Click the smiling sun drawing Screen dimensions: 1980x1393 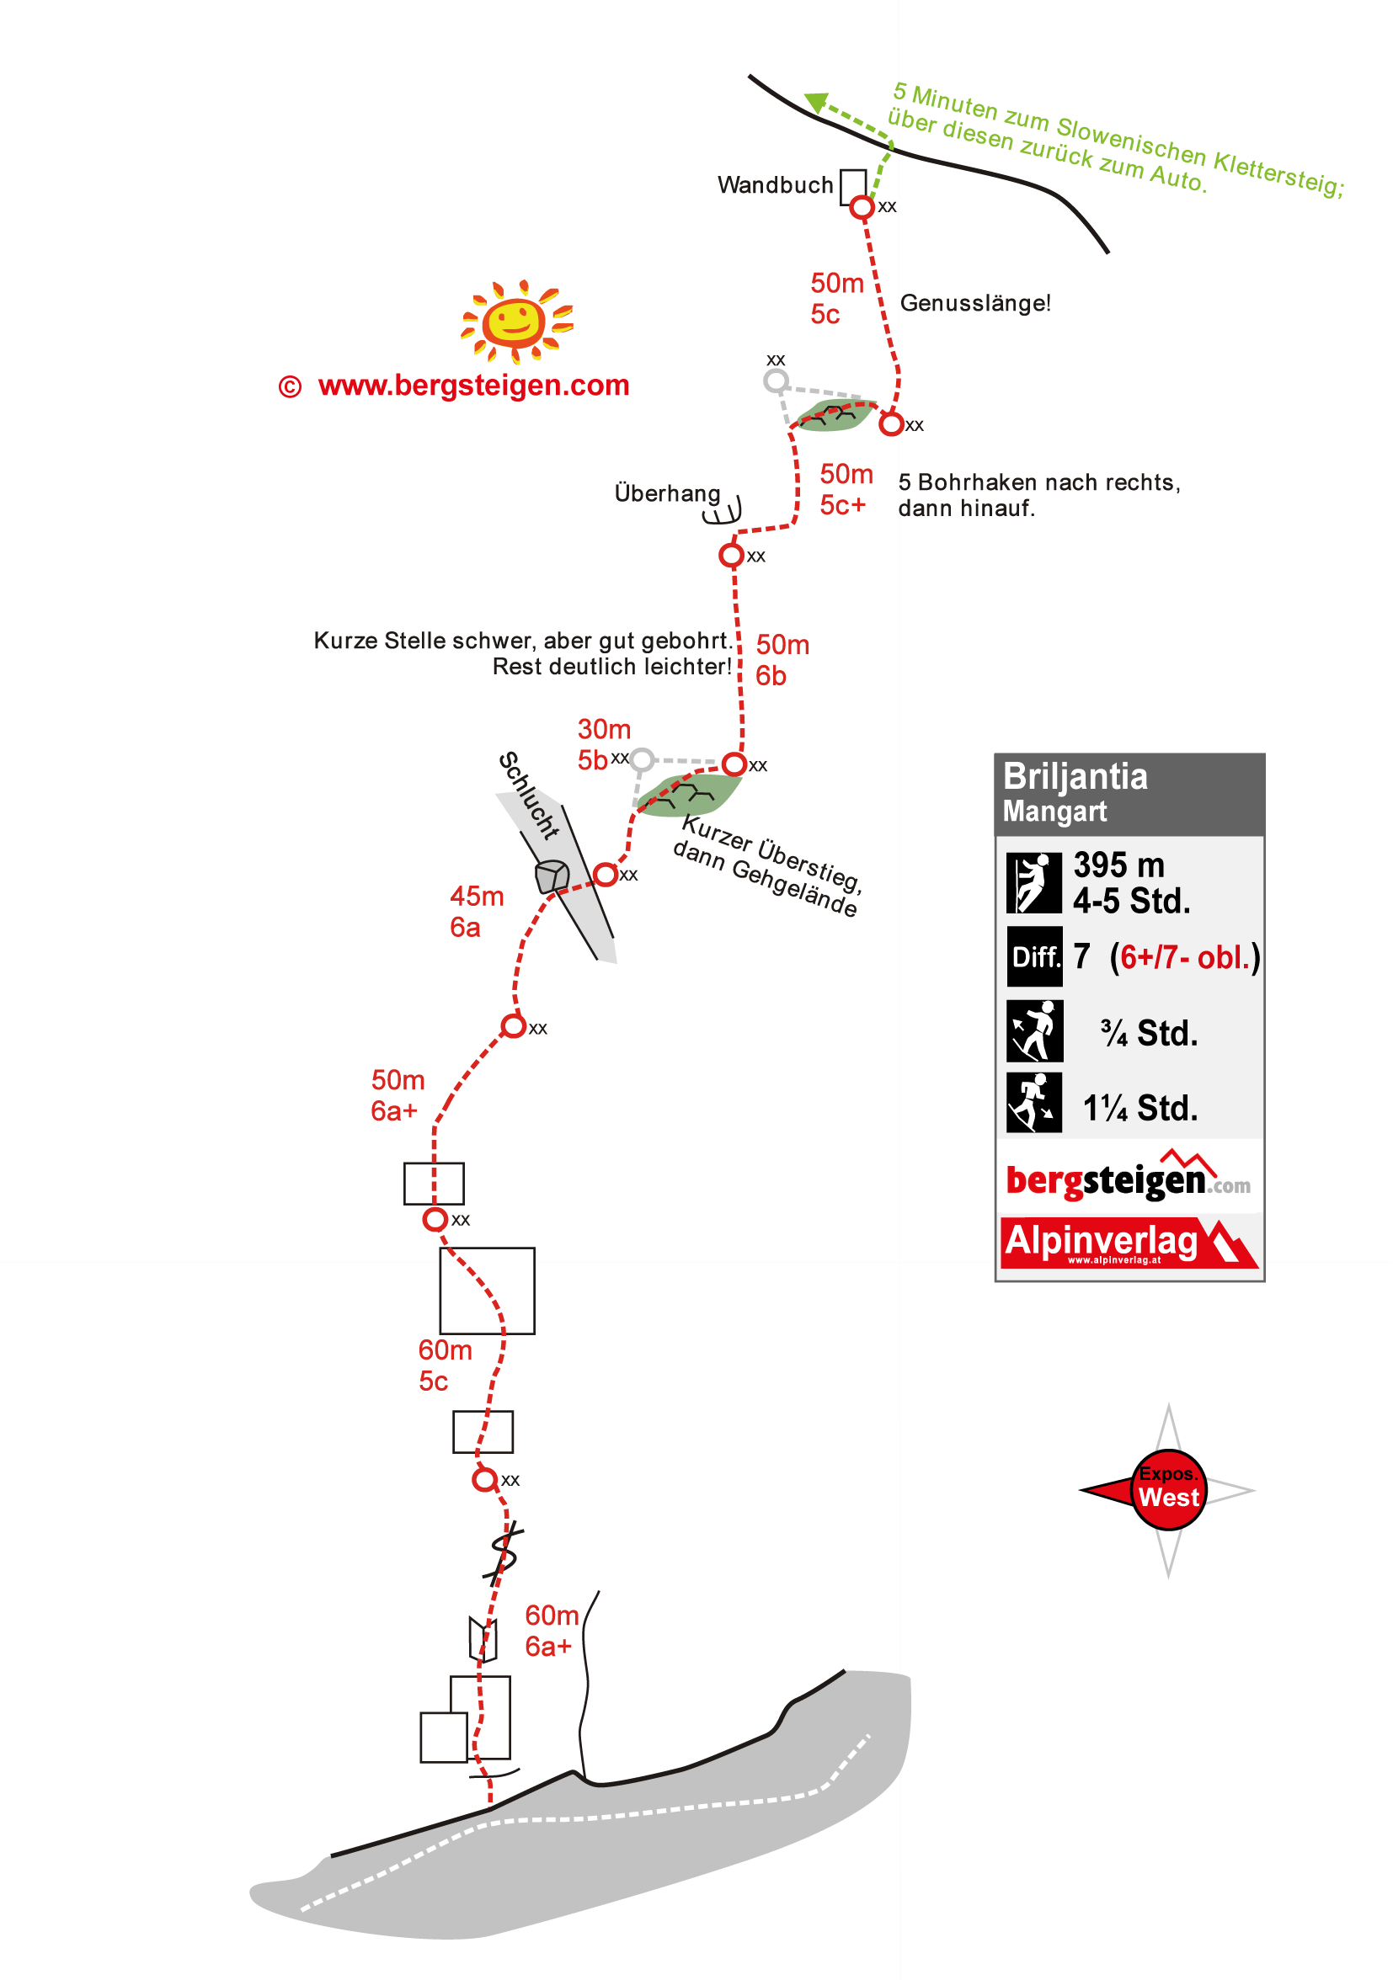coord(515,320)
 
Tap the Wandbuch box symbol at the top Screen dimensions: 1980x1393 coord(852,186)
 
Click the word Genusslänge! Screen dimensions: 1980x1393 coord(974,304)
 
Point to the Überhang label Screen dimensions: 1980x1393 coord(667,493)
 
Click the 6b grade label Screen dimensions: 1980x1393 coord(771,676)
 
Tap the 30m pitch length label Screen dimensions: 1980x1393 coord(604,730)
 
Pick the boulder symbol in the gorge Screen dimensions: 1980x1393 coord(551,876)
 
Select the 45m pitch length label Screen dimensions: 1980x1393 coord(476,896)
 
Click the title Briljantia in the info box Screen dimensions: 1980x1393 coord(1075,777)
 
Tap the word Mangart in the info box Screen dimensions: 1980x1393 coord(1054,812)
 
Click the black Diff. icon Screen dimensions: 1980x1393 coord(1034,956)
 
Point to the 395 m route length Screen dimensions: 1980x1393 coord(1118,865)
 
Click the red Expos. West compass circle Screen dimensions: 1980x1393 coord(1168,1489)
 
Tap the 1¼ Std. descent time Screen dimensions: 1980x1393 coord(1139,1108)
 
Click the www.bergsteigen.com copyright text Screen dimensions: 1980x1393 coord(472,386)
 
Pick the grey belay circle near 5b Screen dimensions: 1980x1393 coord(642,759)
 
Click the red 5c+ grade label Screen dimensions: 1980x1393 coord(842,505)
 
